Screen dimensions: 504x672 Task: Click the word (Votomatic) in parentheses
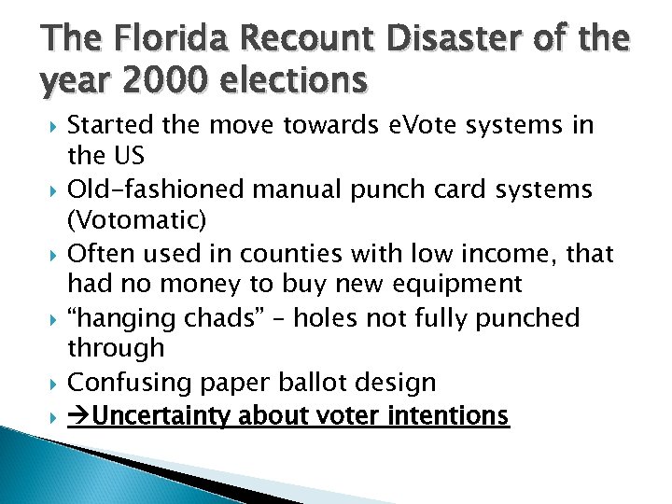[132, 221]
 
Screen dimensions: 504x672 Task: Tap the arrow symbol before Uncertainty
[80, 415]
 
